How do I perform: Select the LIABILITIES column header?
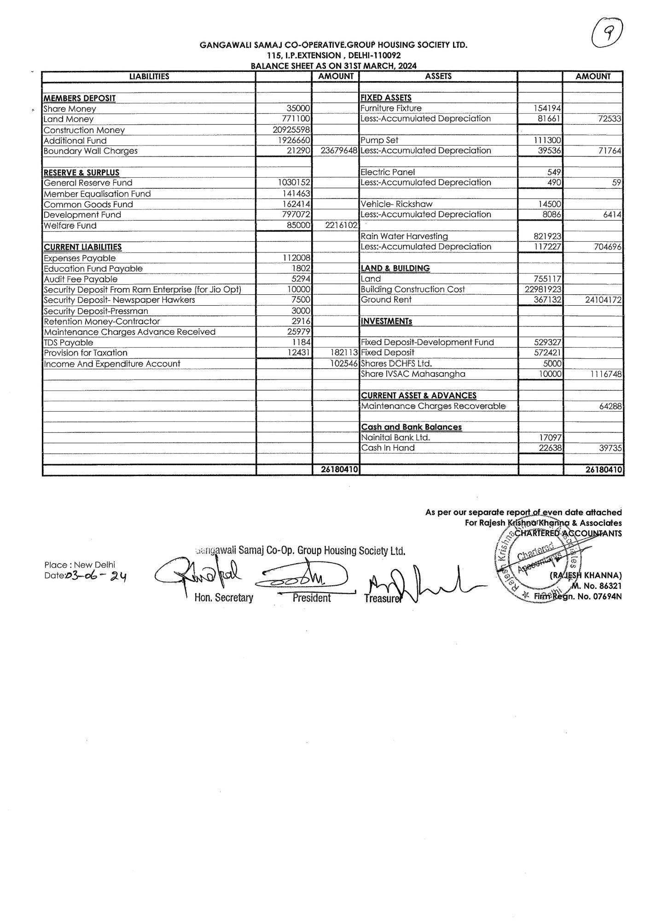(x=149, y=76)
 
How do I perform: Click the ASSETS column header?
(x=438, y=76)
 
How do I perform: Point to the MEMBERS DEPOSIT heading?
(x=80, y=98)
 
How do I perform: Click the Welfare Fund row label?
(x=70, y=226)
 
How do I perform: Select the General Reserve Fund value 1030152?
(x=294, y=183)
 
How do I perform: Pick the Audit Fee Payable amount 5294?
(x=301, y=279)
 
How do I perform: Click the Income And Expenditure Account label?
(x=112, y=364)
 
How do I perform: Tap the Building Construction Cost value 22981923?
(x=543, y=289)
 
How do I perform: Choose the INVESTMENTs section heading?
(x=386, y=321)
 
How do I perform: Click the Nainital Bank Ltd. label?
(x=395, y=437)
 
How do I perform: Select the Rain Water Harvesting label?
(x=404, y=236)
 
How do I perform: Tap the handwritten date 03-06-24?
(x=97, y=576)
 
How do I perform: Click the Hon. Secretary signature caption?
(x=224, y=598)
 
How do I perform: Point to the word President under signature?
(x=312, y=598)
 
